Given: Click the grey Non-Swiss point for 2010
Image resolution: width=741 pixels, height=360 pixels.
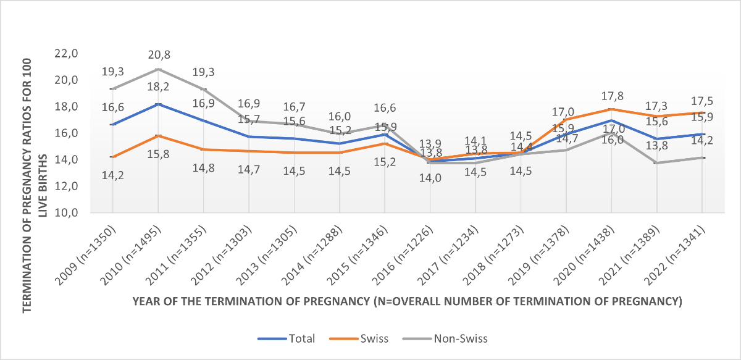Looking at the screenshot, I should click(159, 69).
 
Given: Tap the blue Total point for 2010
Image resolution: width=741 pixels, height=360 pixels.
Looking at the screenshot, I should click(159, 104).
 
